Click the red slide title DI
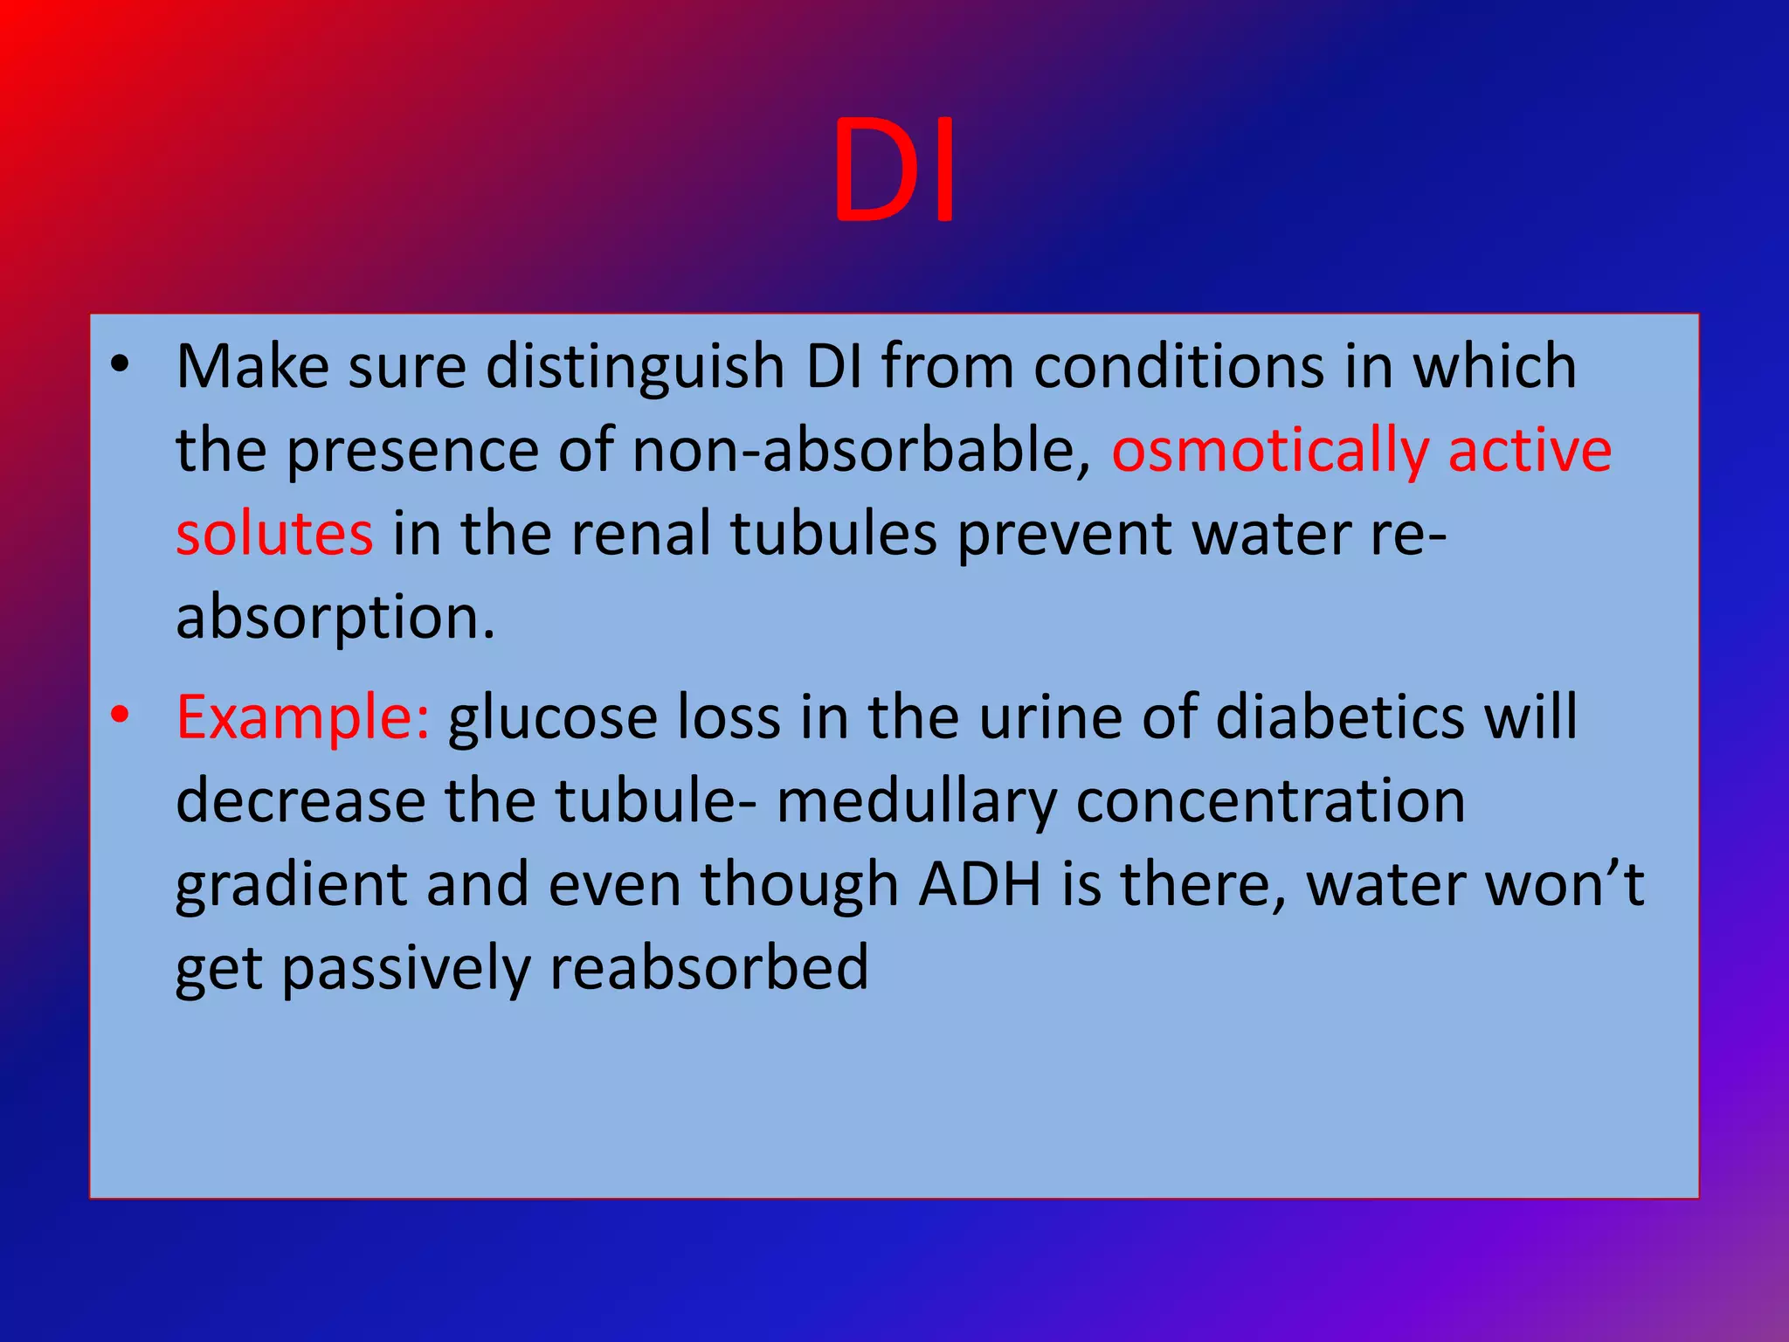click(x=894, y=170)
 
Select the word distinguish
click(x=635, y=367)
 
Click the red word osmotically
click(x=1270, y=451)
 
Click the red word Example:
click(x=302, y=716)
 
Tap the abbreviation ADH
click(x=980, y=884)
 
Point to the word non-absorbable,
click(x=861, y=451)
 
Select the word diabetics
click(x=1340, y=716)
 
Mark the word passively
click(x=405, y=968)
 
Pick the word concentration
click(x=1270, y=800)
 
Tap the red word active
click(x=1530, y=451)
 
